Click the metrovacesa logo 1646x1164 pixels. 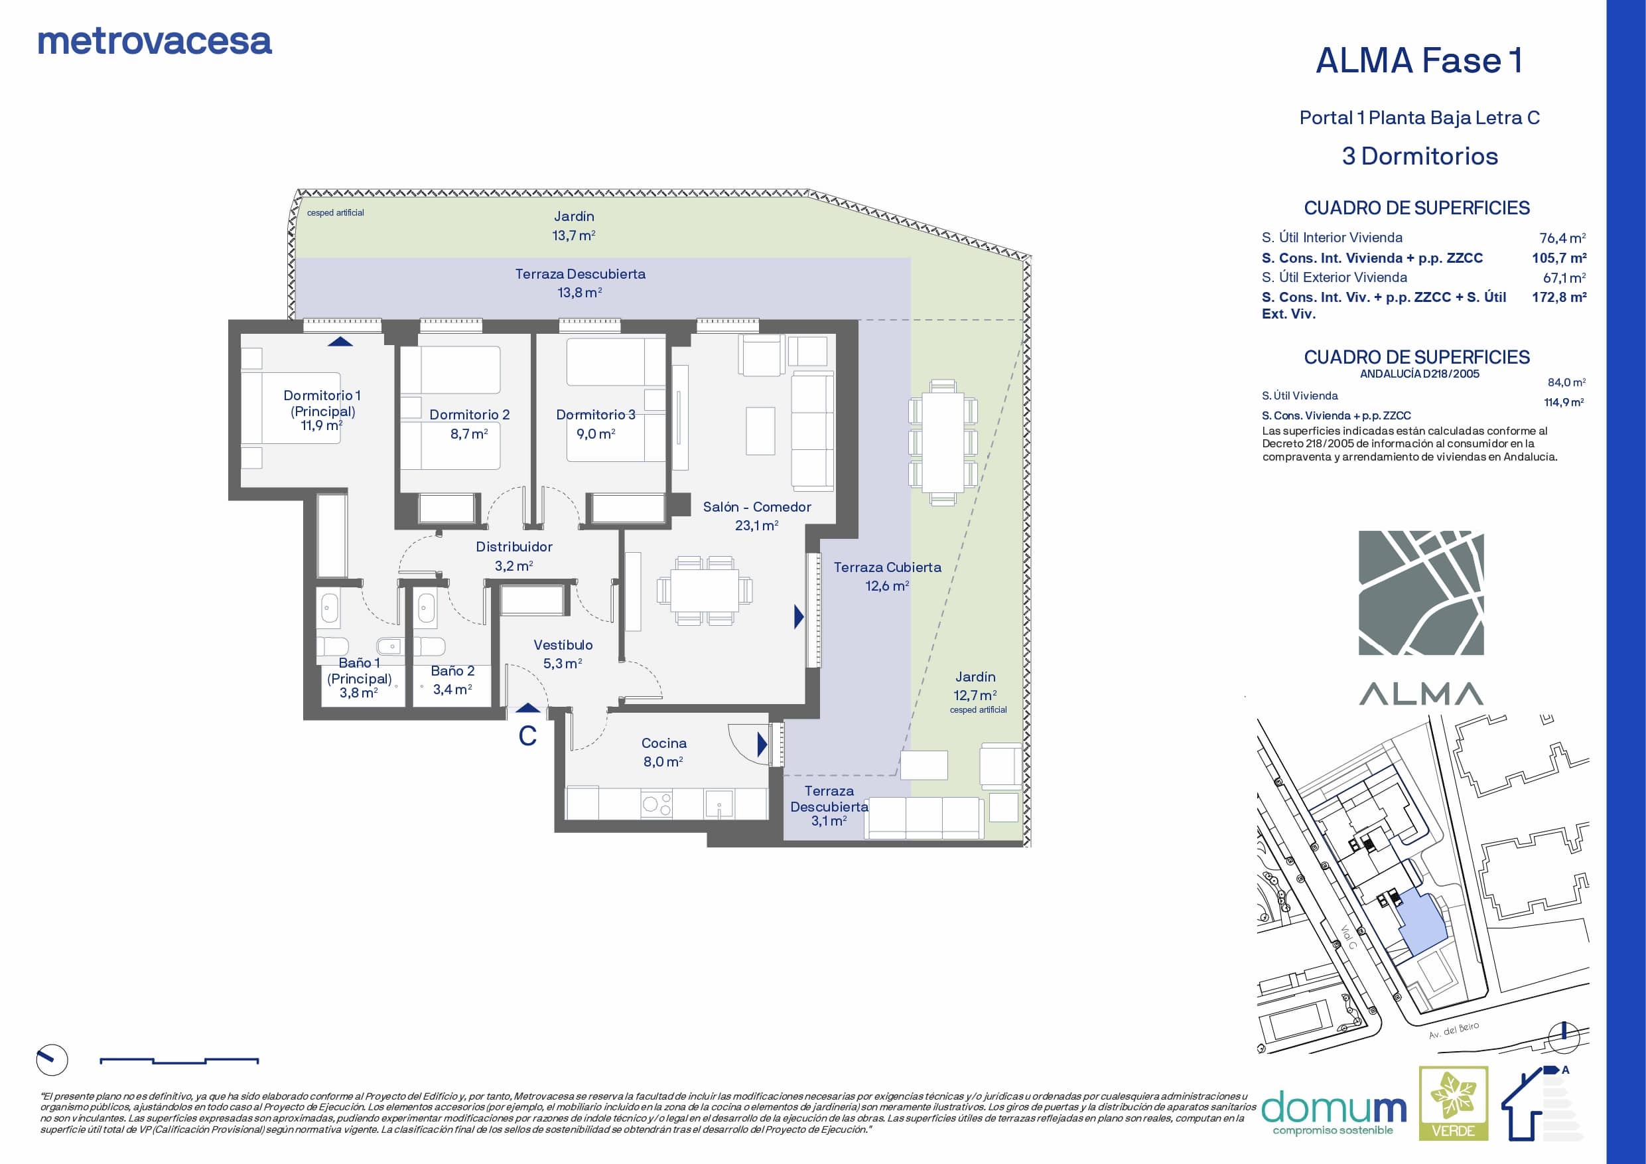coord(154,42)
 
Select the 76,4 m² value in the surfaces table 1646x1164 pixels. coord(1563,238)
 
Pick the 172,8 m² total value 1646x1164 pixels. coord(1559,297)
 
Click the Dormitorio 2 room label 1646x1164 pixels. coord(470,415)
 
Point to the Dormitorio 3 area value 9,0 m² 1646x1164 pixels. coord(596,434)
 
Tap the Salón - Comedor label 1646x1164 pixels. coord(757,507)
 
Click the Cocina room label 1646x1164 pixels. coord(664,743)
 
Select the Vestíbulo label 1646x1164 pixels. coord(563,645)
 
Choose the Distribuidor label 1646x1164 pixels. coord(514,547)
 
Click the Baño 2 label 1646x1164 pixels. coord(452,670)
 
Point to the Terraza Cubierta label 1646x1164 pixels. coord(888,567)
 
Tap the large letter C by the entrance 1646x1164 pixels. coord(527,736)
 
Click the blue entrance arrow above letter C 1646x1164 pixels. coord(528,708)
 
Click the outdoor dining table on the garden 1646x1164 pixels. coord(943,442)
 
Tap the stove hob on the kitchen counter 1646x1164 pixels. coord(657,804)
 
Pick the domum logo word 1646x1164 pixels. coord(1334,1108)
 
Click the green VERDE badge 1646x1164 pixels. coord(1453,1103)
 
